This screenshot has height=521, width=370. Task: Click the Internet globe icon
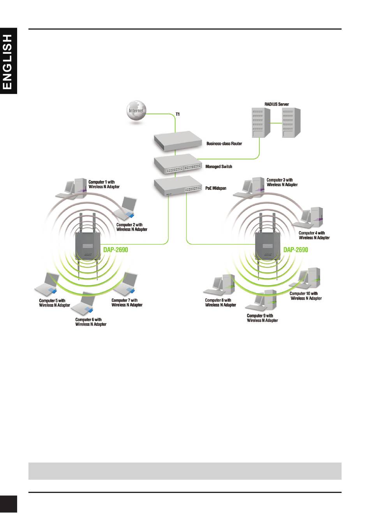pos(136,111)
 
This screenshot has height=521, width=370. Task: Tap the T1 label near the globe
pos(178,114)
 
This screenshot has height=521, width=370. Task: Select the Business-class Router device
pos(178,141)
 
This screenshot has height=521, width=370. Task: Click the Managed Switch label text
pos(219,166)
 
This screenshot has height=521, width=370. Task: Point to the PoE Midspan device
pos(178,186)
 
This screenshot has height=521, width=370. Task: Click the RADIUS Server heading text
pos(277,104)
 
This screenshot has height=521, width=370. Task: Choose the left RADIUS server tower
pos(261,123)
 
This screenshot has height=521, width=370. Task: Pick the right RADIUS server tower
pos(291,123)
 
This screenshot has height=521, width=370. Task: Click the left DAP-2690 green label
pos(116,250)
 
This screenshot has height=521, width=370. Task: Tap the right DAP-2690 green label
pos(296,250)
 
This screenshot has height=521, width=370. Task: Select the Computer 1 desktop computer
pos(71,189)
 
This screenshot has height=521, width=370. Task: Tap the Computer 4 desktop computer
pos(307,218)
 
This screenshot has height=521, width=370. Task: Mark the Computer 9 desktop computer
pos(261,300)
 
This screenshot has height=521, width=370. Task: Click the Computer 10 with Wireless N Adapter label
pos(306,296)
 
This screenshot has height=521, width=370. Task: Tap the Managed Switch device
pos(178,164)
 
